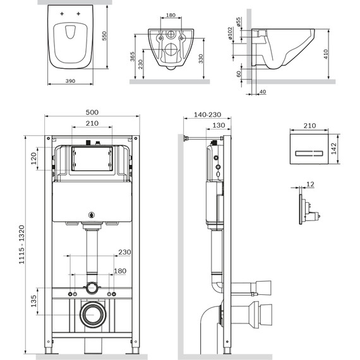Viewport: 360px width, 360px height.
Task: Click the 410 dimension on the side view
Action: [343, 54]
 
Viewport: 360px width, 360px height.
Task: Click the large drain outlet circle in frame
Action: [92, 315]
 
